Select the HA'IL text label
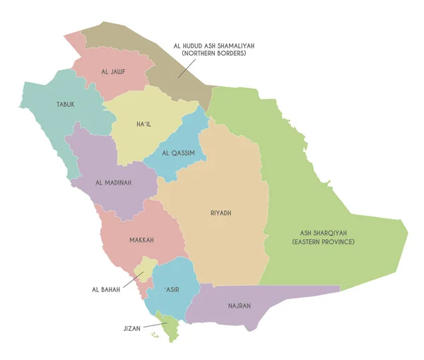144,124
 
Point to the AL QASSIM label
178,153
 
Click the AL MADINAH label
113,182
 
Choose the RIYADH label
221,213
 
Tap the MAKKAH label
141,240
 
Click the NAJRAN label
238,306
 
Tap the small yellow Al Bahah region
148,267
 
